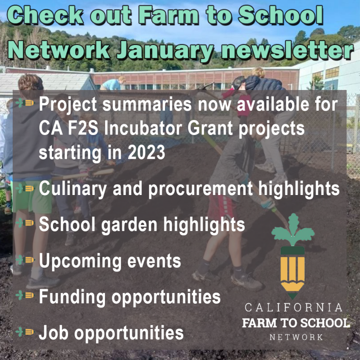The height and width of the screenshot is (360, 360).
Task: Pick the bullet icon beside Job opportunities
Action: pyautogui.click(x=25, y=332)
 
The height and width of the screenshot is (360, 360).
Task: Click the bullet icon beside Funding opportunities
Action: pyautogui.click(x=25, y=295)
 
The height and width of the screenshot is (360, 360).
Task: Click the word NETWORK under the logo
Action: pyautogui.click(x=296, y=337)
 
